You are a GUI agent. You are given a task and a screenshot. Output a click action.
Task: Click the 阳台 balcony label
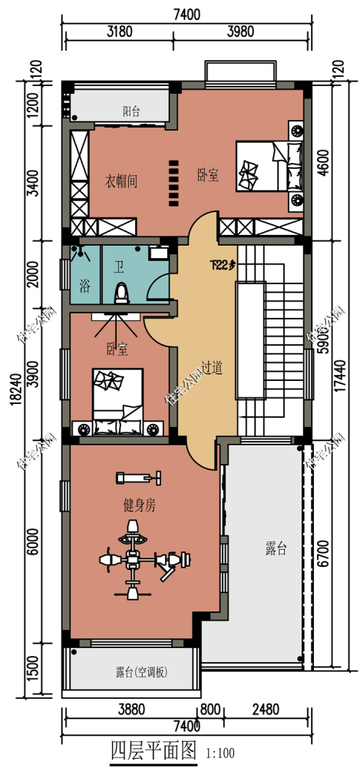(x=131, y=111)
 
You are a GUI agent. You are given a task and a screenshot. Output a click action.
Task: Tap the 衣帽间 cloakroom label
(x=121, y=181)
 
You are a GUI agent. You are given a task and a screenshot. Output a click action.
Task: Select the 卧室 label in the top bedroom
(x=207, y=176)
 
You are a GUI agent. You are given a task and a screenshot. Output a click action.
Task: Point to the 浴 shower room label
(x=84, y=286)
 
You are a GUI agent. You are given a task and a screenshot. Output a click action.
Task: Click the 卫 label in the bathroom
(x=119, y=268)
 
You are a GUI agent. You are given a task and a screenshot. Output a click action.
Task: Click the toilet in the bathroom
(x=121, y=292)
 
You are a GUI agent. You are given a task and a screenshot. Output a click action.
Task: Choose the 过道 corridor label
(x=212, y=369)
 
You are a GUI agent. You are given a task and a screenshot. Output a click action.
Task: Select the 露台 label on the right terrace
(x=276, y=548)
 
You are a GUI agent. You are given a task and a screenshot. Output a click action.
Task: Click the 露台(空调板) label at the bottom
(x=142, y=673)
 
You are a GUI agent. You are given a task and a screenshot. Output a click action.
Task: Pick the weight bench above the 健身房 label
(x=140, y=478)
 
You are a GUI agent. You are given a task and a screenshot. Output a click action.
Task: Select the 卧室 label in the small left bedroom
(x=117, y=349)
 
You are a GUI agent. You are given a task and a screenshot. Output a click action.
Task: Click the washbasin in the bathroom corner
(x=160, y=253)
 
